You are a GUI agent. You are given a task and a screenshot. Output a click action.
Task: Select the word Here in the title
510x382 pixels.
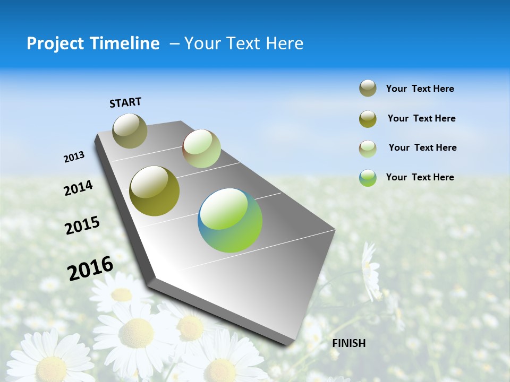pyautogui.click(x=282, y=44)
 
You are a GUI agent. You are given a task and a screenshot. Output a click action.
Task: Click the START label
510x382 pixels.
pyautogui.click(x=125, y=102)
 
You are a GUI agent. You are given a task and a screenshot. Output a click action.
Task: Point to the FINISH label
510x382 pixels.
pyautogui.click(x=349, y=343)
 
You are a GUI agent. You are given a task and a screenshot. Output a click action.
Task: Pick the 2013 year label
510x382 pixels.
pyautogui.click(x=74, y=157)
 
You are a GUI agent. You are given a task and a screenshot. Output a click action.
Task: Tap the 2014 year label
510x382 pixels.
pyautogui.click(x=78, y=188)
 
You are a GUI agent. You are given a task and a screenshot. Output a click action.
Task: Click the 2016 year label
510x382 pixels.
pyautogui.click(x=90, y=268)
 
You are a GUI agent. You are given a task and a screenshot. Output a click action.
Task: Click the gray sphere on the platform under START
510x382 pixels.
pyautogui.click(x=130, y=131)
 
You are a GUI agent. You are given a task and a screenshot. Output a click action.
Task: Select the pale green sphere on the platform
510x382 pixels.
pyautogui.click(x=201, y=149)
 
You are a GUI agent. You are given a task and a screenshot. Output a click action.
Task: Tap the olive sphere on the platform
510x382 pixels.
pyautogui.click(x=154, y=191)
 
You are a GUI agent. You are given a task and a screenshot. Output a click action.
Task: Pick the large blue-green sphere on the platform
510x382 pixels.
pyautogui.click(x=230, y=220)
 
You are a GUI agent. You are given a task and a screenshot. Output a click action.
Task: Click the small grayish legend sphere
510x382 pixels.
pyautogui.click(x=368, y=89)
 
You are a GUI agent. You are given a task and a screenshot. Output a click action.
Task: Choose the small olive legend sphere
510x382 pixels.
pyautogui.click(x=368, y=119)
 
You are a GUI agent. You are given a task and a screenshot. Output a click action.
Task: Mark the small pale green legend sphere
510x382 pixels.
pyautogui.click(x=368, y=148)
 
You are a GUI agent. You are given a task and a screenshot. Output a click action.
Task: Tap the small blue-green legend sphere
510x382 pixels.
pyautogui.click(x=368, y=178)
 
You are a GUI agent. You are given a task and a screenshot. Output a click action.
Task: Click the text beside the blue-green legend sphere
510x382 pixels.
pyautogui.click(x=420, y=177)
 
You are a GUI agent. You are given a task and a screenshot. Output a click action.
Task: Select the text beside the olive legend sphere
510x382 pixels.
pyautogui.click(x=421, y=118)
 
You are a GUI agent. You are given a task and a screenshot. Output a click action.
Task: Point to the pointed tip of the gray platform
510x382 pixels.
pyautogui.click(x=290, y=345)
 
